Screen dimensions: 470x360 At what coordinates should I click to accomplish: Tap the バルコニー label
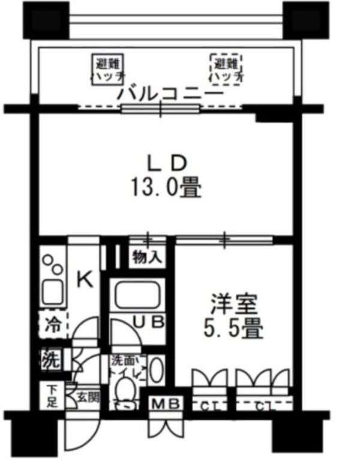171,94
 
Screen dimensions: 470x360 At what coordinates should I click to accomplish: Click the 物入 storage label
146,258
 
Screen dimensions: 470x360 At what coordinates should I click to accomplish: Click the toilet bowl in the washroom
127,391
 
